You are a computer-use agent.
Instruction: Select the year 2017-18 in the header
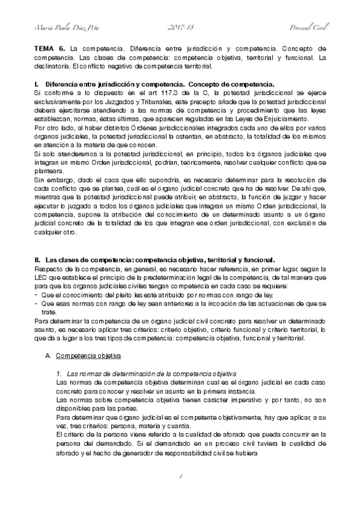180,28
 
